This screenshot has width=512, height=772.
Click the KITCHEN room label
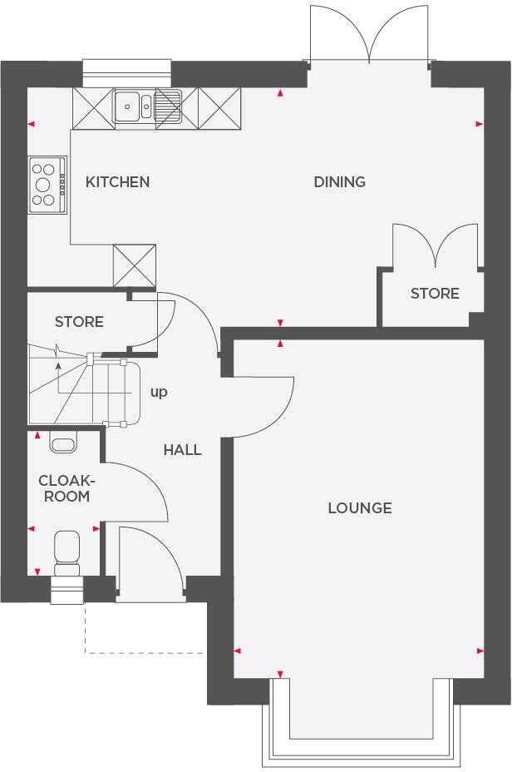point(118,181)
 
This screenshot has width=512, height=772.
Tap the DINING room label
point(339,181)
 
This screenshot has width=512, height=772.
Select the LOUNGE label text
point(359,507)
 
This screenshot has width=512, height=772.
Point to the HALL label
point(182,450)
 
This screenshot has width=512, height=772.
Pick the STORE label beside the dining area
point(435,293)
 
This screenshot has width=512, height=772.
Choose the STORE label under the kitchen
point(79,321)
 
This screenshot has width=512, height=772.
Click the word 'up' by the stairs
point(159,391)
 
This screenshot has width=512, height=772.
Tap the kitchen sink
point(133,105)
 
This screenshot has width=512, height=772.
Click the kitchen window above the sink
point(126,72)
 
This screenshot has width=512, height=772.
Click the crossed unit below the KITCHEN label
point(135,265)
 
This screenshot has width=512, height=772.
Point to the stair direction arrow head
point(57,364)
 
